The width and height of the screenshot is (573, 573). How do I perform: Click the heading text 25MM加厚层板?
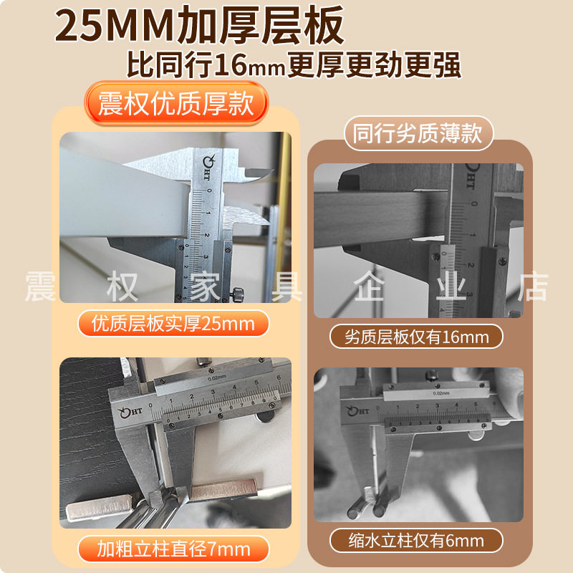point(200,25)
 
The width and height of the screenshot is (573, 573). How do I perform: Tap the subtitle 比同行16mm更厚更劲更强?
point(294,65)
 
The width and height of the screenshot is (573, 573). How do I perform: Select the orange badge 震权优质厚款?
point(176,103)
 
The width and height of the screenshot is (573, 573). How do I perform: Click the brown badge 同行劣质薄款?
point(418,133)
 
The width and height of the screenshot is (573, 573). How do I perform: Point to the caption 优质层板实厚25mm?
point(173,324)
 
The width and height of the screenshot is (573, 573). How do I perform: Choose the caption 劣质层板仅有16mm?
point(416,337)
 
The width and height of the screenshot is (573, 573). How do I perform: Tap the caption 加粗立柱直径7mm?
point(173,549)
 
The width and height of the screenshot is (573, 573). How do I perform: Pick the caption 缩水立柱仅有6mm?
point(416,541)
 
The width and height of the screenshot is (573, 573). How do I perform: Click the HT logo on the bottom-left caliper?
point(131,412)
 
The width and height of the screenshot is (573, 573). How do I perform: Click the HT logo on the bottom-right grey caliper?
point(357,410)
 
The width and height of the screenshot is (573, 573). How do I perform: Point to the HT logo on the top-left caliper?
point(208,168)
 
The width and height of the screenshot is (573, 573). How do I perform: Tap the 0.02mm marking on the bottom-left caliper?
point(217,378)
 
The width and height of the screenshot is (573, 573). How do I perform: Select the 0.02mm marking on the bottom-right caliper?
point(441,393)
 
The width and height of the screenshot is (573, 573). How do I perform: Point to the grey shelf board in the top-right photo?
point(380,218)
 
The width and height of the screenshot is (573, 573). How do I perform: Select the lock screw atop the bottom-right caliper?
point(433,375)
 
